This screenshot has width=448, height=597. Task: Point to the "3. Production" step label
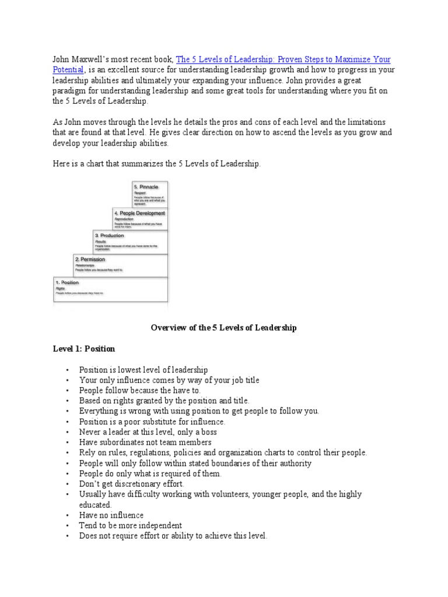(x=110, y=236)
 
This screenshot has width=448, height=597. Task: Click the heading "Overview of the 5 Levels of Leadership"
(x=224, y=328)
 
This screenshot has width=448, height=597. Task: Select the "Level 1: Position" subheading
(x=83, y=349)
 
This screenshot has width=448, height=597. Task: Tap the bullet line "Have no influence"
(x=111, y=515)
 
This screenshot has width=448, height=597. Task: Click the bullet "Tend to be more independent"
(x=131, y=525)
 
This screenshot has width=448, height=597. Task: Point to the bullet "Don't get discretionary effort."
(x=131, y=484)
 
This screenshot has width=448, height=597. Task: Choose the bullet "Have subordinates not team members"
(x=145, y=442)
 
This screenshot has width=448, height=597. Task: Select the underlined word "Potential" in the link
(x=68, y=70)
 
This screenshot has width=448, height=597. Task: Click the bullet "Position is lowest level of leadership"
(x=143, y=370)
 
